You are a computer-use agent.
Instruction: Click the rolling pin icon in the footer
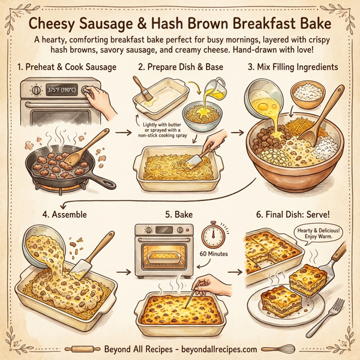pos(82,349)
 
